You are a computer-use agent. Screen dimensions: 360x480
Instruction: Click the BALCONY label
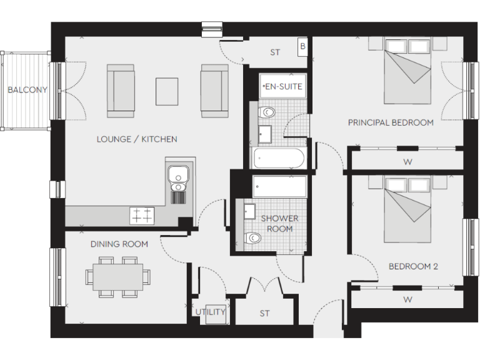click(x=27, y=90)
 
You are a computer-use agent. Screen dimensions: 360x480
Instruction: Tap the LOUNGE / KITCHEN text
click(x=137, y=139)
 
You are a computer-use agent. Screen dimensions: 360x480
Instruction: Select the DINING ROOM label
click(x=119, y=244)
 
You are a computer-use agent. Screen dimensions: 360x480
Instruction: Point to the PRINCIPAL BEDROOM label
click(x=391, y=122)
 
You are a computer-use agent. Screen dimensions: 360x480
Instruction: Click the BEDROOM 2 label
click(x=413, y=266)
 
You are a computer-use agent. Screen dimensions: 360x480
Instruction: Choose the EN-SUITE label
click(x=282, y=87)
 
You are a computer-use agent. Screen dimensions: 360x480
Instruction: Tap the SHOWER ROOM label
click(x=279, y=223)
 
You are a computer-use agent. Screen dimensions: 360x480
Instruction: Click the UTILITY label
click(x=211, y=312)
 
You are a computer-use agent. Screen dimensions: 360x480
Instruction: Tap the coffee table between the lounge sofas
click(x=167, y=91)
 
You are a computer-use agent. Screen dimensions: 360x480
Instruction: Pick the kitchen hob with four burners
click(x=141, y=215)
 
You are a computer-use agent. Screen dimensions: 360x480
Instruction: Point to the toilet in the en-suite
click(x=267, y=112)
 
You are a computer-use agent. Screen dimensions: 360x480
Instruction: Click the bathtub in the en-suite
click(x=279, y=159)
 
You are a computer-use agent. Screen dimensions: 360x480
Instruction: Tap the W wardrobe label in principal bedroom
click(x=407, y=162)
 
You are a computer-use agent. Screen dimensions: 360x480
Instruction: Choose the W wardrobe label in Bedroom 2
click(x=407, y=299)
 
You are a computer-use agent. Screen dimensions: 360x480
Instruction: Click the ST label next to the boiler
click(x=275, y=52)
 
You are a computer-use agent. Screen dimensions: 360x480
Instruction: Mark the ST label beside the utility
click(x=264, y=314)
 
